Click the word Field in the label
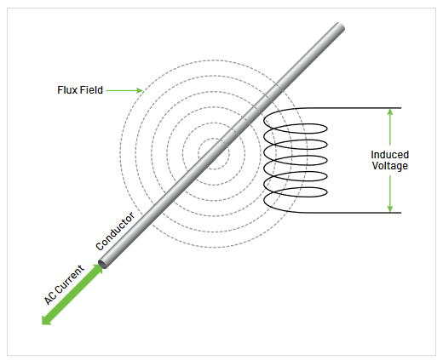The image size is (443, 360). tap(91, 89)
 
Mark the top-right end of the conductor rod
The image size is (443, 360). tap(341, 28)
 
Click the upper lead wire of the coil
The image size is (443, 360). tap(349, 108)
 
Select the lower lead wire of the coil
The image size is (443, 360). tap(349, 212)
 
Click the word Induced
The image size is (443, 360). tap(389, 155)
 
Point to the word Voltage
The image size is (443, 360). tap(389, 166)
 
